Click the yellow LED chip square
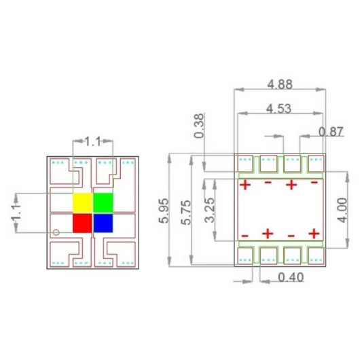(82, 202)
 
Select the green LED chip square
(103, 202)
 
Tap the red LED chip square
(82, 223)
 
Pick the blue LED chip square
(103, 223)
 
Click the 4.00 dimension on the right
(343, 210)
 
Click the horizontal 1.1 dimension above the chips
(92, 141)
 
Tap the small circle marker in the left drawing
(56, 232)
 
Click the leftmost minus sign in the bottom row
(245, 235)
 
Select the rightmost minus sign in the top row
(314, 183)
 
